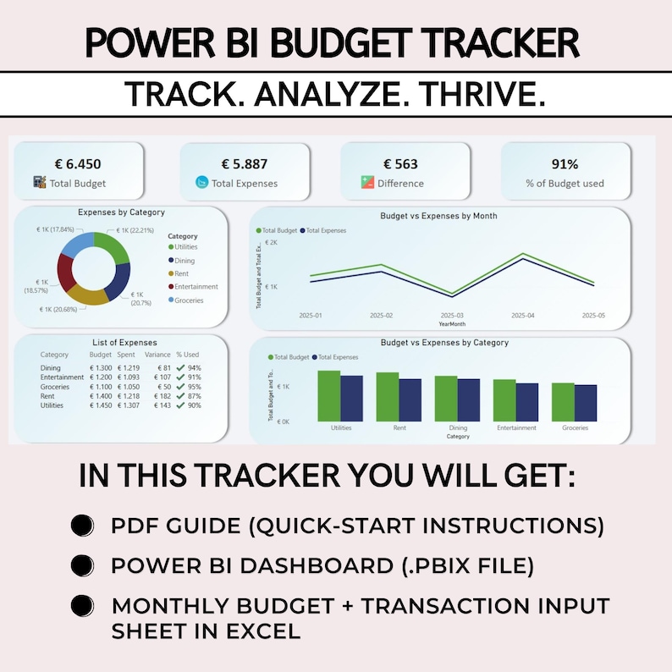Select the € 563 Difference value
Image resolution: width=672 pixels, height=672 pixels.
tap(400, 163)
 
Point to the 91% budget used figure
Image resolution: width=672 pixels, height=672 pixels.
tap(565, 163)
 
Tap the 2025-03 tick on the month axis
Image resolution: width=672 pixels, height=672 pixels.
tap(453, 316)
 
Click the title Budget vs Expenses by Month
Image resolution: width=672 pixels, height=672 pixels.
tap(438, 216)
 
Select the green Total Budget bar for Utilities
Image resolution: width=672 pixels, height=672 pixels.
tap(328, 395)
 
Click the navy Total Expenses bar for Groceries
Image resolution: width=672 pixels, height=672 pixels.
tap(586, 403)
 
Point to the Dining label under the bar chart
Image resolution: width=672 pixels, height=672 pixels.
tap(458, 428)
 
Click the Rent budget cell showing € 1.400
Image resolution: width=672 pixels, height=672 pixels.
tap(101, 396)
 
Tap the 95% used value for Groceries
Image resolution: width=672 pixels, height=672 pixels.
tap(194, 387)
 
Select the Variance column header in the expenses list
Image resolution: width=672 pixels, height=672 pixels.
tap(158, 355)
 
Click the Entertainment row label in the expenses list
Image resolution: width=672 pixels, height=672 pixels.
tap(62, 377)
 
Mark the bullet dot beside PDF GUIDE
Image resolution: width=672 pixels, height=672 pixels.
tap(81, 525)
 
